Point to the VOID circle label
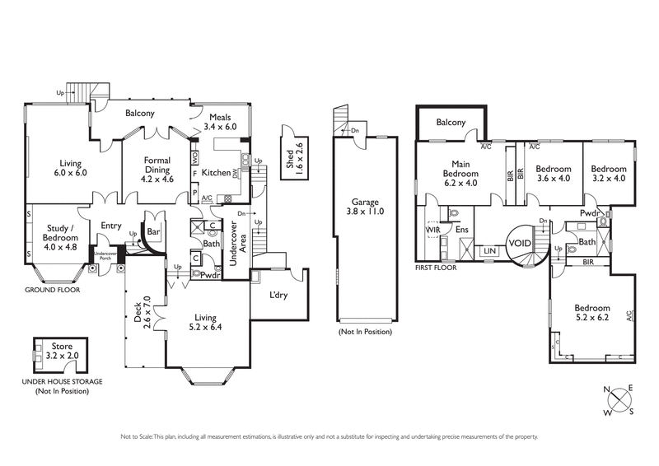(x=519, y=244)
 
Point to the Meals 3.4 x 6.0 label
(x=220, y=123)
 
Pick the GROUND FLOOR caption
(x=50, y=291)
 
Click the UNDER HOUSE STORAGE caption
(x=62, y=382)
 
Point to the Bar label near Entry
(x=152, y=232)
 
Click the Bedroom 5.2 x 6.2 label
(x=592, y=313)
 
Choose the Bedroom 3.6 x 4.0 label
(x=553, y=173)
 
